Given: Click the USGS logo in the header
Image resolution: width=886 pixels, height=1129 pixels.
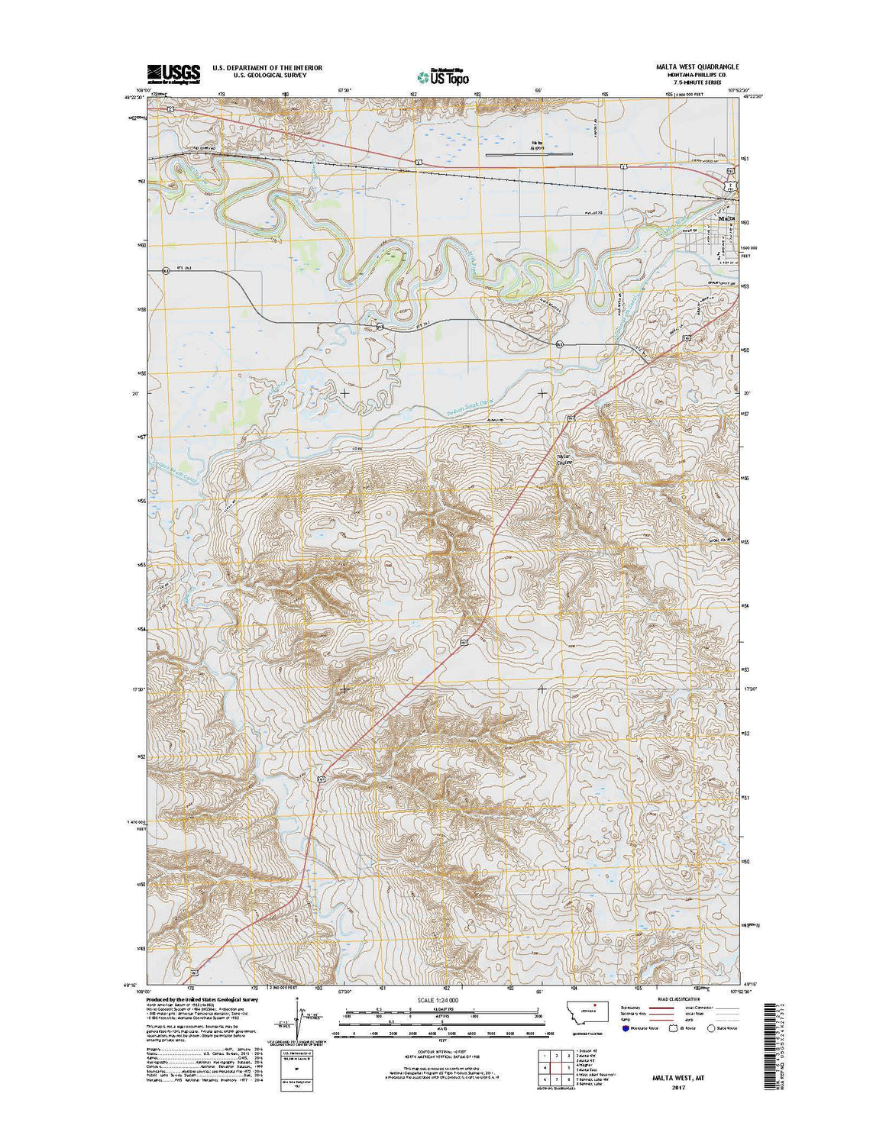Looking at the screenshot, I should pyautogui.click(x=173, y=73).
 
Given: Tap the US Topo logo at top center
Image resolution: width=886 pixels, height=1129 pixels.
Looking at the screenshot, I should pyautogui.click(x=443, y=76).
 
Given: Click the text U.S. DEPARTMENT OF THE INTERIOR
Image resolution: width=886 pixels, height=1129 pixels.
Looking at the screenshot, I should pyautogui.click(x=267, y=68).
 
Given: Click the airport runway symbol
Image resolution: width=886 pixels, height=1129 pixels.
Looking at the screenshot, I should pyautogui.click(x=529, y=155).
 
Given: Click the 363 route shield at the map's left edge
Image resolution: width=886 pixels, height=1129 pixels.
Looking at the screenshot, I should pyautogui.click(x=165, y=271).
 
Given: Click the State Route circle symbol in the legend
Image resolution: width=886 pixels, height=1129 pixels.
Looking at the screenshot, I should pyautogui.click(x=711, y=1027).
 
